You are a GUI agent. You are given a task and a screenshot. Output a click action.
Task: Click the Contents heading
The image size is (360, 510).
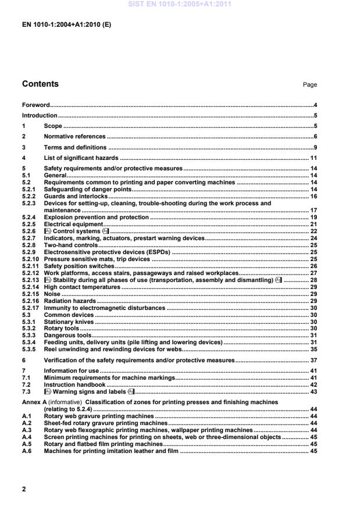coord(40,84)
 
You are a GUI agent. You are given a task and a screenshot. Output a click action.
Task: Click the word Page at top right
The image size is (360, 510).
coord(310,85)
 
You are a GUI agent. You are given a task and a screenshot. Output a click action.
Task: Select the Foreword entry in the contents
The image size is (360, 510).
coord(36,105)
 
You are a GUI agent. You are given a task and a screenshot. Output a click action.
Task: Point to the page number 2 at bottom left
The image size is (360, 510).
coord(24,489)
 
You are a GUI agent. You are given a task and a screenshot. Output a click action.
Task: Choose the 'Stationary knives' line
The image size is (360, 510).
coord(69,322)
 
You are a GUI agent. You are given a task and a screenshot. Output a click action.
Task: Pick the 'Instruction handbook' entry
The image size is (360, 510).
coord(74,385)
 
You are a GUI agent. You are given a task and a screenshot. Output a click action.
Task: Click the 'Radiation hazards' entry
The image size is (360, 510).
coord(70,301)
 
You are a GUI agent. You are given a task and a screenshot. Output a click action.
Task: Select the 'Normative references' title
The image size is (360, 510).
coord(75,137)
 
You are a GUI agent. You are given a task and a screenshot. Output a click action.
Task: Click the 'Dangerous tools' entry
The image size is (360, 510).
coord(68,336)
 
